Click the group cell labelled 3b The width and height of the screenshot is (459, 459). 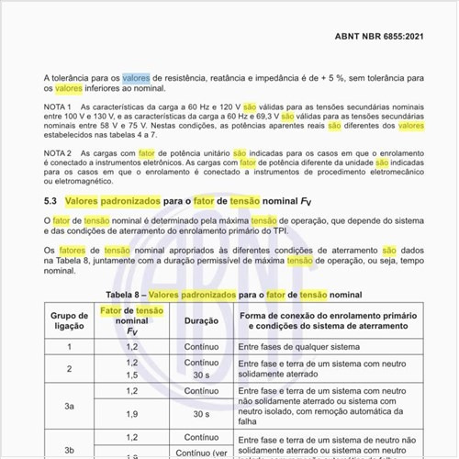tap(69, 449)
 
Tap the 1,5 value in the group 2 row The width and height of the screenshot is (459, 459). tap(131, 375)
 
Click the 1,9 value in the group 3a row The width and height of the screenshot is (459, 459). tap(131, 414)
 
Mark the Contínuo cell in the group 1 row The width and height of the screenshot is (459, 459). tap(201, 348)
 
